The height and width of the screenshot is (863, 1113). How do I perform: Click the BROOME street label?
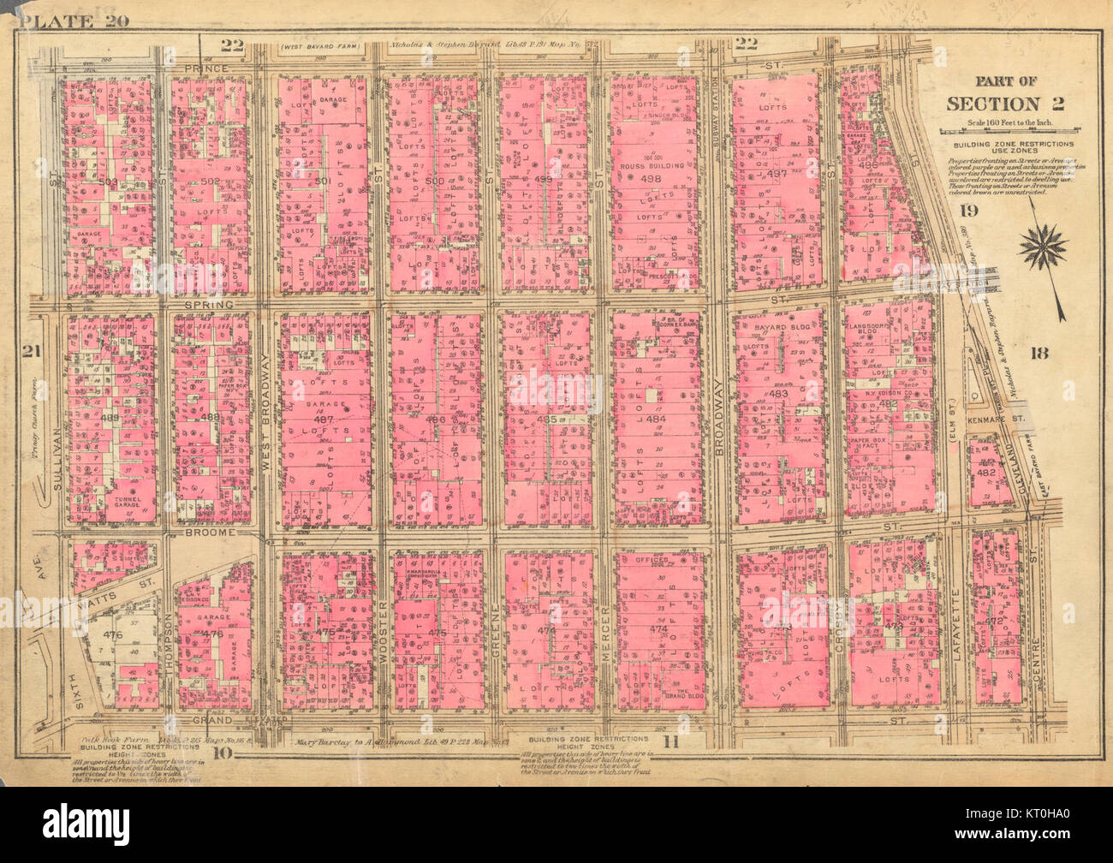[210, 532]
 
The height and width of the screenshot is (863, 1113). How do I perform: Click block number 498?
[653, 178]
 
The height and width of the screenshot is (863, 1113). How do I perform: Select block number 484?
[655, 419]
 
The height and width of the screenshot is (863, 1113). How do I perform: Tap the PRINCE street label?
[205, 68]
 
